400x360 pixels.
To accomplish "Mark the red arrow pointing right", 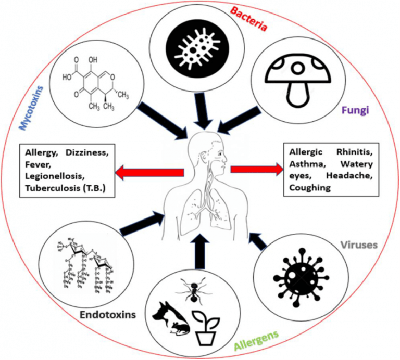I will point(255,170).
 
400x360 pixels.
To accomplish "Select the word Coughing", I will point(310,188).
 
